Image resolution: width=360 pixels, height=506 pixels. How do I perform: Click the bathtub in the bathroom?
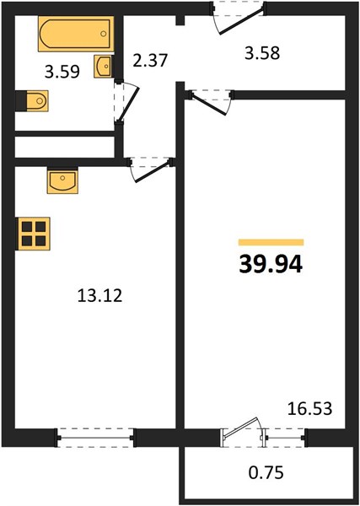coord(76,34)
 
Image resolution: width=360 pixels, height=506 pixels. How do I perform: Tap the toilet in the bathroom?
coord(32,101)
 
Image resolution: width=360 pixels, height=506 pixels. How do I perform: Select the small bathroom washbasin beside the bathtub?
coord(103,67)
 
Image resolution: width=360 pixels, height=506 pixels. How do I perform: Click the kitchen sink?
coord(62,180)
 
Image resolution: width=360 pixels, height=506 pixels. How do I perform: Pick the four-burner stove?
coord(33,234)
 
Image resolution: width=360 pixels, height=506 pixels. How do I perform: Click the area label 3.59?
coord(62,72)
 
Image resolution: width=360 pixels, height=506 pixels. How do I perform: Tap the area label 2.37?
coord(150,61)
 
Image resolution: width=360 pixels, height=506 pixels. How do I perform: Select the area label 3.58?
coord(262,53)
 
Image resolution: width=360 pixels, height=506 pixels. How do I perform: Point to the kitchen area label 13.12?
coord(99,296)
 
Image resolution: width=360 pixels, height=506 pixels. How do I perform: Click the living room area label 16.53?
coord(309,408)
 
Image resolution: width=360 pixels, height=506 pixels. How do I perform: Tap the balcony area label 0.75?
coord(266,473)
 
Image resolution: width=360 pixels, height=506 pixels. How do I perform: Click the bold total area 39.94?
coord(271,264)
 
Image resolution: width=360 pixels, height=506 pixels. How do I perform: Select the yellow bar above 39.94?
coord(271,242)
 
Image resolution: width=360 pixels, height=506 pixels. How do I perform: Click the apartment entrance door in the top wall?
coord(239,17)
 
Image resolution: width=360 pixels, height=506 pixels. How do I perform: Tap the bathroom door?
coord(126,101)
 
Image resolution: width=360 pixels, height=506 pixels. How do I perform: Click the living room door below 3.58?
coord(211,102)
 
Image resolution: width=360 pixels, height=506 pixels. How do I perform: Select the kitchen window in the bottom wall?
coord(95,438)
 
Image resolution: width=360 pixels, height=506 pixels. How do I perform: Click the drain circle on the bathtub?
coord(103,34)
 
